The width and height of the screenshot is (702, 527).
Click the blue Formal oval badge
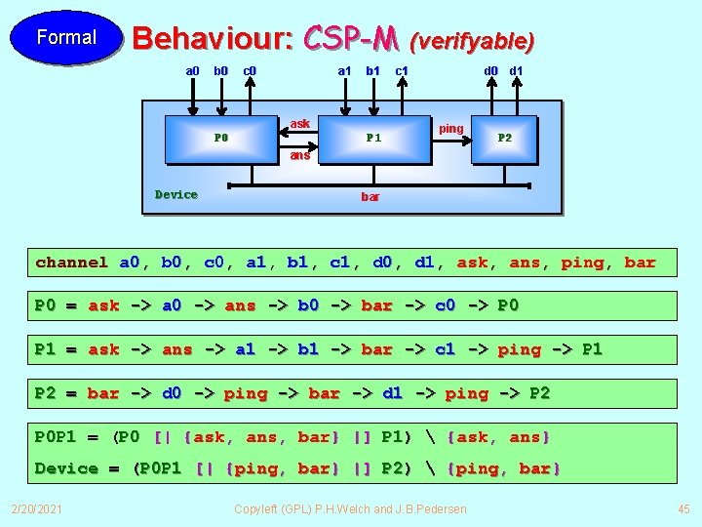(66, 38)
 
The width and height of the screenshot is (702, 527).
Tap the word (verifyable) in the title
(472, 41)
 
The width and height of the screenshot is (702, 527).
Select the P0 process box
(221, 138)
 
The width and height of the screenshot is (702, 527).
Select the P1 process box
(374, 138)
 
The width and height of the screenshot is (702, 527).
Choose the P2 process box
(505, 138)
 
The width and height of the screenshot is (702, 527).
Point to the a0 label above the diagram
(192, 70)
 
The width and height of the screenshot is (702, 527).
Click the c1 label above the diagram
(401, 70)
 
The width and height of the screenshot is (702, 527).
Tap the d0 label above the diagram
(492, 70)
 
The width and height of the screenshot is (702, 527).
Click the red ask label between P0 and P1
(300, 124)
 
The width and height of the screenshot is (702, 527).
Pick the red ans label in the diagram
(300, 155)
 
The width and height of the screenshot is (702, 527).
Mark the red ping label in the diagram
(451, 129)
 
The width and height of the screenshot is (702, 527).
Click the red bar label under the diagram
(370, 197)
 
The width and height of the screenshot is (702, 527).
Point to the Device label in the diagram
(176, 194)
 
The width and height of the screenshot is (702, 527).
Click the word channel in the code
(71, 262)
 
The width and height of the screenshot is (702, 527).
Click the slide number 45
(682, 508)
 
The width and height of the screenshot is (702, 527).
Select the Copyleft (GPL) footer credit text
(351, 508)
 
